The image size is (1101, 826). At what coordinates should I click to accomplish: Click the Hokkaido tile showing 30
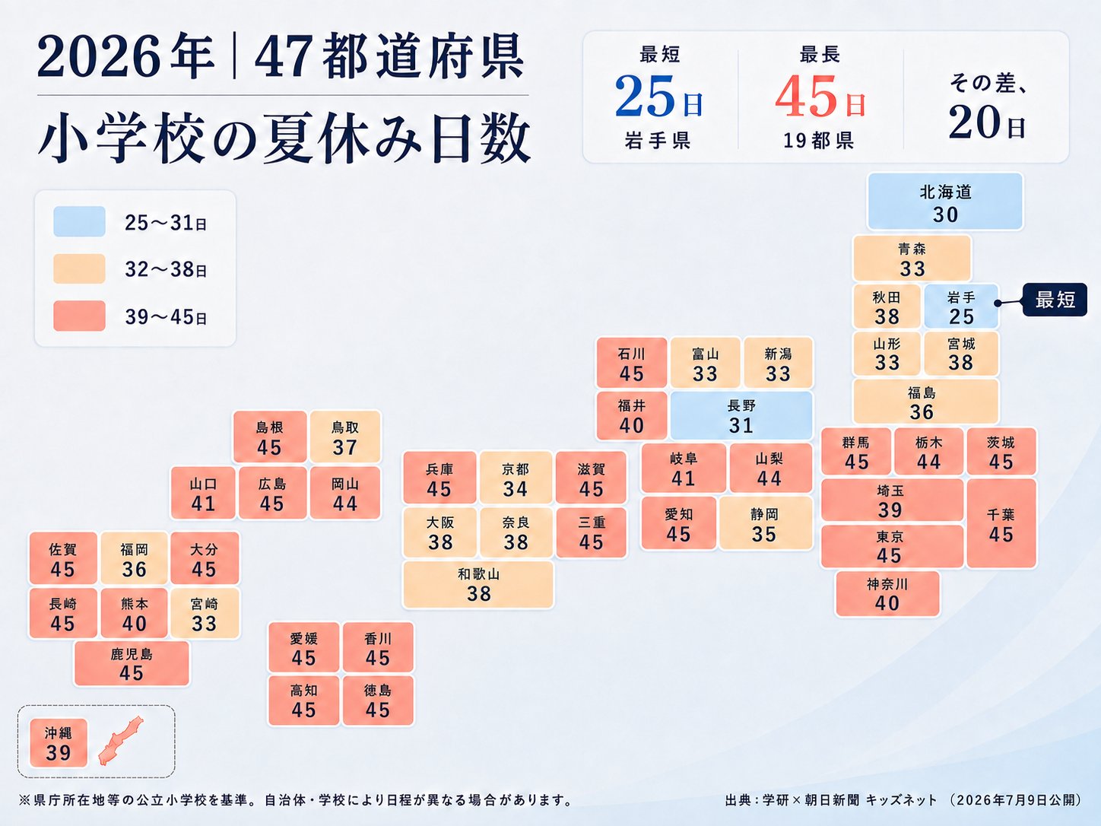tap(945, 202)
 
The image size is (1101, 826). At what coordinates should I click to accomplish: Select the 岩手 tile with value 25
tap(961, 307)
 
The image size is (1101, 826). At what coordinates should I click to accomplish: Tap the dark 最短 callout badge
tap(1055, 300)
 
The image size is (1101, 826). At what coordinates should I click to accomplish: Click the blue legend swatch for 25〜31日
tap(79, 221)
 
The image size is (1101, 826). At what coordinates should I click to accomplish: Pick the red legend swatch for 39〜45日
tap(79, 316)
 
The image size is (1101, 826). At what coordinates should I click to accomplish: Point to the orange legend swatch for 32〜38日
tap(79, 268)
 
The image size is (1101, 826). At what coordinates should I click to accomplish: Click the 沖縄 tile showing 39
tap(59, 743)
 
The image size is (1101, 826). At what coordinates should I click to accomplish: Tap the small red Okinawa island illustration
tap(119, 742)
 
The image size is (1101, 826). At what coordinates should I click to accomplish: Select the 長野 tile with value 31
tap(741, 416)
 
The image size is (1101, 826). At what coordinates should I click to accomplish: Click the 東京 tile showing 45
tap(892, 547)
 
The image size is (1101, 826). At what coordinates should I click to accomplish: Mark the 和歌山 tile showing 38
tap(478, 585)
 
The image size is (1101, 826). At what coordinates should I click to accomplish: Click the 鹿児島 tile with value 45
tap(132, 663)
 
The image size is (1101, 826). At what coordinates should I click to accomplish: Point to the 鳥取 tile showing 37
tap(345, 437)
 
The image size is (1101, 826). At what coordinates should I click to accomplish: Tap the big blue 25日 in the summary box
tap(658, 97)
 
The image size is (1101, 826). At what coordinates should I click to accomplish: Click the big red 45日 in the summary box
tap(820, 97)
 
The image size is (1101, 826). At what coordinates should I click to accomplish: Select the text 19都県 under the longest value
tap(819, 141)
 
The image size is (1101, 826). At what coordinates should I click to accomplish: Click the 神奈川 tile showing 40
tap(887, 594)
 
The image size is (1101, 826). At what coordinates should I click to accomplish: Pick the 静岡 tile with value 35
tap(765, 524)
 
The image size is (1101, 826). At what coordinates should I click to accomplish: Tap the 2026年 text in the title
tap(125, 56)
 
